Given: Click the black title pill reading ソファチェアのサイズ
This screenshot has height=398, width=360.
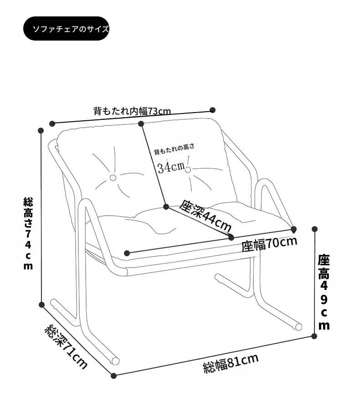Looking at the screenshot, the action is pyautogui.click(x=66, y=28).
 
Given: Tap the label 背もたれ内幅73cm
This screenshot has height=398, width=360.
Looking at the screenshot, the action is pyautogui.click(x=132, y=111).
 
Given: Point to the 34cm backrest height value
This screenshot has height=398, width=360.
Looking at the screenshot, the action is pyautogui.click(x=171, y=167).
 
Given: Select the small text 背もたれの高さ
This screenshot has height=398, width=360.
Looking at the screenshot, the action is pyautogui.click(x=174, y=149).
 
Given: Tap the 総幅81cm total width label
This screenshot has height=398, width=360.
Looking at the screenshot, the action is pyautogui.click(x=231, y=363).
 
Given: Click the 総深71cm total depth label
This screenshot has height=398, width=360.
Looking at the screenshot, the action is pyautogui.click(x=66, y=346).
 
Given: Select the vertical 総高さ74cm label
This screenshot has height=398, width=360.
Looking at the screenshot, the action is pyautogui.click(x=28, y=233).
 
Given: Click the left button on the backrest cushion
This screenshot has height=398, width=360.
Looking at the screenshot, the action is pyautogui.click(x=113, y=178).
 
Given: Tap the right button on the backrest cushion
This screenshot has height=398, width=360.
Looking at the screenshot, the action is pyautogui.click(x=188, y=169).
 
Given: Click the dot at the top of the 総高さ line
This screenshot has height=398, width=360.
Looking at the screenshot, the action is pyautogui.click(x=41, y=130).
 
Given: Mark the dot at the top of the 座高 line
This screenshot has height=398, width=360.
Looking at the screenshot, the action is pyautogui.click(x=314, y=229).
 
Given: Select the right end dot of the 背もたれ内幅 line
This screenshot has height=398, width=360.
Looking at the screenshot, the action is pyautogui.click(x=213, y=110).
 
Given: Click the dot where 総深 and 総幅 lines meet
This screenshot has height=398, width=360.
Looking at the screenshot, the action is pyautogui.click(x=113, y=376).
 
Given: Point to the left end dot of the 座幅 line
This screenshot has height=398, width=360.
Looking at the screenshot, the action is pyautogui.click(x=127, y=253).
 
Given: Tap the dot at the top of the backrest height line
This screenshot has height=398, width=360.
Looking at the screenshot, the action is pyautogui.click(x=141, y=124).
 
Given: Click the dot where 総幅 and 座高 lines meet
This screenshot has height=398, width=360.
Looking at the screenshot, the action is pyautogui.click(x=314, y=336).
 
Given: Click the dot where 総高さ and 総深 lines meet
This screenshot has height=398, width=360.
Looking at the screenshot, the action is pyautogui.click(x=42, y=305).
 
